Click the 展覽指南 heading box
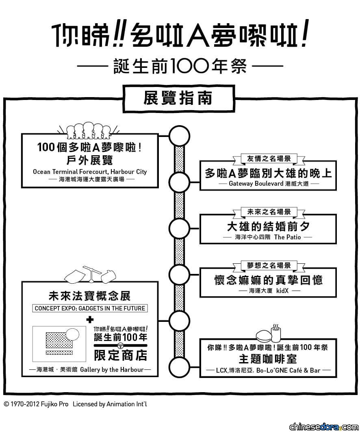click(179, 99)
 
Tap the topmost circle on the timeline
click(179, 136)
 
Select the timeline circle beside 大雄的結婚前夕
click(179, 228)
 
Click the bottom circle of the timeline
click(179, 367)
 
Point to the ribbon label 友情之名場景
click(269, 158)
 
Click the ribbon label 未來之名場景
click(269, 212)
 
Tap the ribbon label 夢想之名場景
click(269, 266)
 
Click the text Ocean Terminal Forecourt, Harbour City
click(90, 171)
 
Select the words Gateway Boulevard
click(256, 184)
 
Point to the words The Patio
click(287, 237)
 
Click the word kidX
click(282, 291)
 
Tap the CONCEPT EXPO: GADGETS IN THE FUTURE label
click(90, 308)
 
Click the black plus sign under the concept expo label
click(90, 319)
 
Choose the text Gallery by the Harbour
click(112, 370)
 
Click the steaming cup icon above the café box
click(276, 332)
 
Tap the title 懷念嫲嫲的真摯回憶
click(269, 280)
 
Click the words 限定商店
click(120, 356)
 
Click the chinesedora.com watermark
click(324, 426)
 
